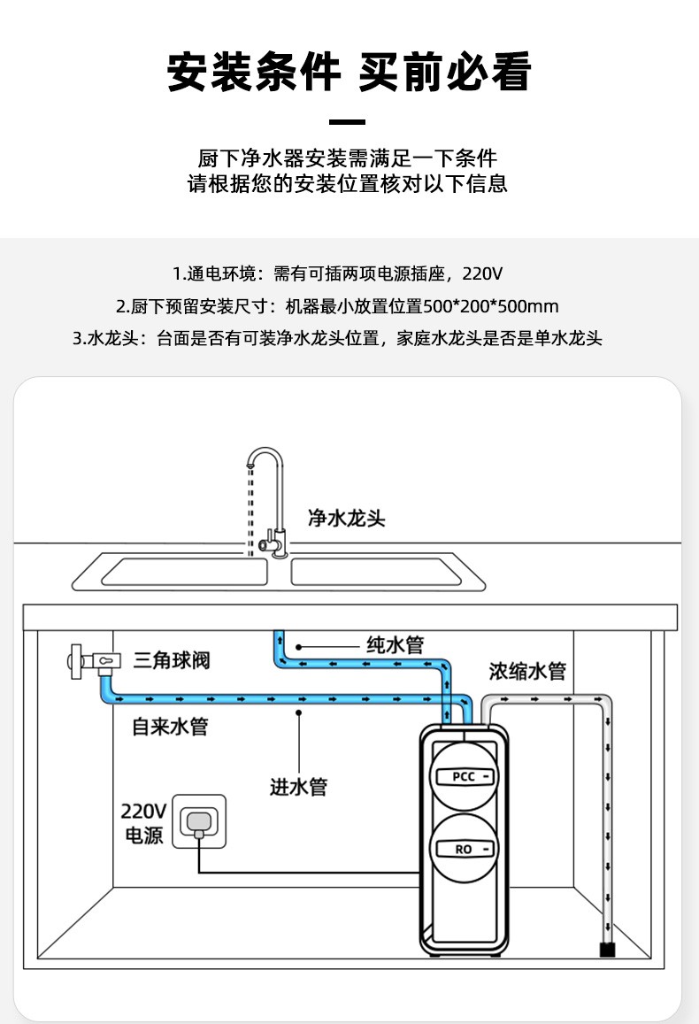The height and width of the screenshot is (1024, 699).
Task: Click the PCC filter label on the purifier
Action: (465, 776)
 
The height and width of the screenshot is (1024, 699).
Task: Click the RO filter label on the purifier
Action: (465, 849)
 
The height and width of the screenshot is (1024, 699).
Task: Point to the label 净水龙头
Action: (346, 518)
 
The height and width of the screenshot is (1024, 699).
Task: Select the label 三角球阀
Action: (172, 659)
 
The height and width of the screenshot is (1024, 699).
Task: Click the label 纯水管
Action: (396, 643)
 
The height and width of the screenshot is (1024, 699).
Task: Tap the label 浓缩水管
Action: (527, 671)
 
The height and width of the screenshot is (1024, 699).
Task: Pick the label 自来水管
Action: (170, 727)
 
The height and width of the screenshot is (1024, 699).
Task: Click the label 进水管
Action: (298, 786)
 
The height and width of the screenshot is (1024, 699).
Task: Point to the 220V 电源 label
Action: (143, 823)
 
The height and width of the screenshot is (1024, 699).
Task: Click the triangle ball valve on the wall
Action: (92, 660)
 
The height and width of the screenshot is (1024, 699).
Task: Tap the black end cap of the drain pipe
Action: (607, 950)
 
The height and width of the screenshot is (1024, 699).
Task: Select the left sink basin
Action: (184, 572)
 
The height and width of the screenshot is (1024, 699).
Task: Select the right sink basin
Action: (376, 572)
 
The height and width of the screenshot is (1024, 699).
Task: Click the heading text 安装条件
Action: (254, 73)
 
